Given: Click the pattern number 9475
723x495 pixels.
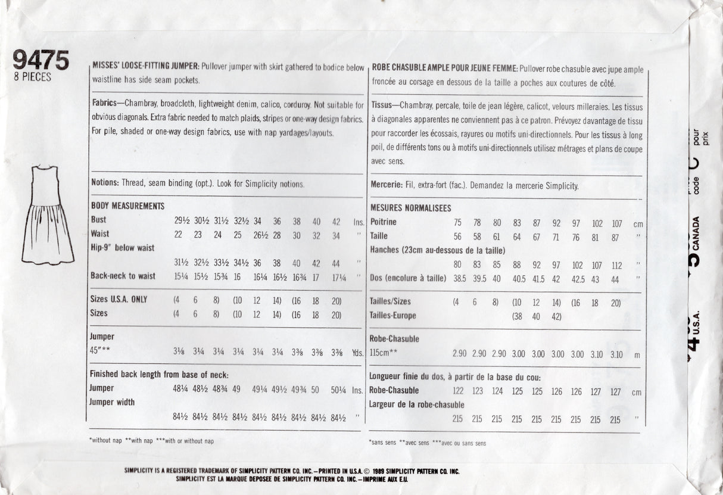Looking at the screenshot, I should click(x=40, y=61).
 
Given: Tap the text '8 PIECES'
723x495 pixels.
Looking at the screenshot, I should click(x=32, y=77).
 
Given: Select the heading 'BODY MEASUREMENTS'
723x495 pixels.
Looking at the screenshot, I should click(x=127, y=206).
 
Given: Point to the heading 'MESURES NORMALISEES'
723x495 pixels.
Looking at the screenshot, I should click(x=410, y=208).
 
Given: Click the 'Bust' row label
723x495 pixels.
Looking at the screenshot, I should click(x=98, y=220).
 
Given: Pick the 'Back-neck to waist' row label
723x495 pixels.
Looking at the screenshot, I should click(x=123, y=276).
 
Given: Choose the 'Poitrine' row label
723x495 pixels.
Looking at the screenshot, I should click(x=384, y=222).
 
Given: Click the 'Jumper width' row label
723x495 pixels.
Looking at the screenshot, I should click(x=112, y=402).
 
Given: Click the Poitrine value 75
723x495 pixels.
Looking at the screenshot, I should click(x=457, y=223).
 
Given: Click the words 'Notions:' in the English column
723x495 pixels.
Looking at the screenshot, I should click(x=105, y=183).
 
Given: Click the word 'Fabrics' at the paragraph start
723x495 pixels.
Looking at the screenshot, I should click(x=104, y=103).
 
